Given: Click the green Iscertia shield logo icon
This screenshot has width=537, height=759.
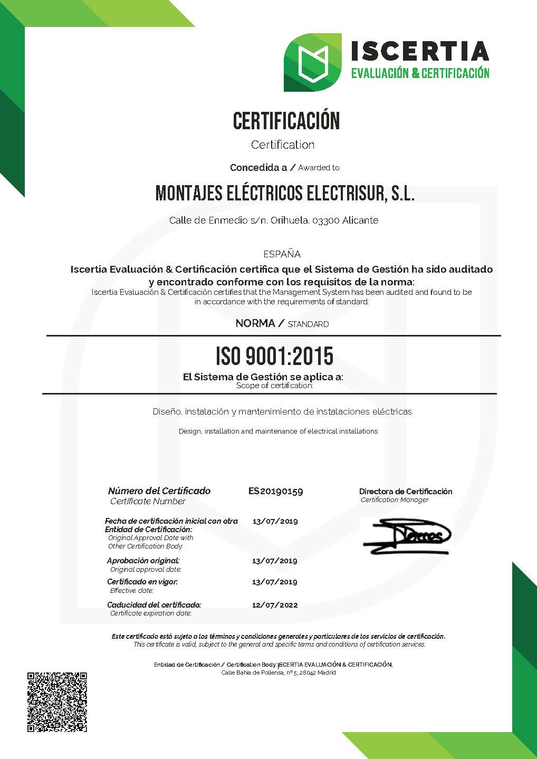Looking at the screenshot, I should [x=312, y=62].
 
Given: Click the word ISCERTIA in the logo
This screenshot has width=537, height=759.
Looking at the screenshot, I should [x=420, y=51].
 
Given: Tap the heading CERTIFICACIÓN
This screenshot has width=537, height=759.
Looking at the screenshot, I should [x=286, y=121].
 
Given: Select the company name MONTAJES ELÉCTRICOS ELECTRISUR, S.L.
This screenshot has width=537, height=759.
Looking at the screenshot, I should [x=285, y=194].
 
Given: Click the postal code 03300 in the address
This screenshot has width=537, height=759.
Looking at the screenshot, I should [x=326, y=220].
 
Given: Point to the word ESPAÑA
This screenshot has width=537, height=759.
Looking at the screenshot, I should [x=282, y=254].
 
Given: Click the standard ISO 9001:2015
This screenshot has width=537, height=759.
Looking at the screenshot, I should [x=274, y=357].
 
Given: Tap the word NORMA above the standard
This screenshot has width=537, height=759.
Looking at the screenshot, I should [x=255, y=323].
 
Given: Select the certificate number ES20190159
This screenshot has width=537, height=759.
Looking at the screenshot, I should [x=275, y=491].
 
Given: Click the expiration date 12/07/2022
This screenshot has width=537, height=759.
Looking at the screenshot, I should [x=275, y=605].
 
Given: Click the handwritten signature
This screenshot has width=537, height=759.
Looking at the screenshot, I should [x=407, y=537].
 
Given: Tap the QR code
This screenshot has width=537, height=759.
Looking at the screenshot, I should [x=57, y=702].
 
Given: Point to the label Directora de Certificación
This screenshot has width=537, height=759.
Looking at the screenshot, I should [x=406, y=492].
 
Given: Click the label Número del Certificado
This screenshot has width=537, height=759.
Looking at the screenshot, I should [x=159, y=491].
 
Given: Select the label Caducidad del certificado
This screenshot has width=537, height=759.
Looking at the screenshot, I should [x=154, y=605].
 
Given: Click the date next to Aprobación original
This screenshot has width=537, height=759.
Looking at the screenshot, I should [x=275, y=561].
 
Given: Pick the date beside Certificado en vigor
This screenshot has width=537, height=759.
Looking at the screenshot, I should [x=275, y=582].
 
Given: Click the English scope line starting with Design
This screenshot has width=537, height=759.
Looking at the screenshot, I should [x=278, y=431].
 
